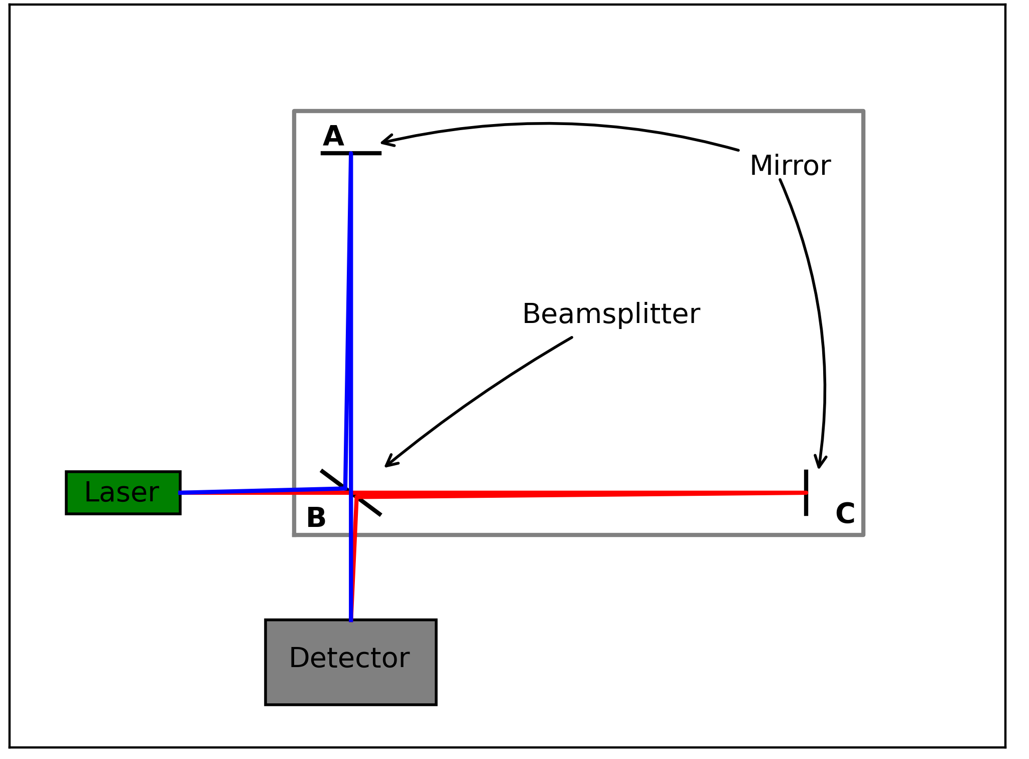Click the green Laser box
click(x=123, y=492)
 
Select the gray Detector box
click(x=350, y=662)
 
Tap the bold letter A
click(x=333, y=136)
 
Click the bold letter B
click(x=316, y=518)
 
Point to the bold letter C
click(x=845, y=514)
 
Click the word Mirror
click(x=790, y=166)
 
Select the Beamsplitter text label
click(x=611, y=314)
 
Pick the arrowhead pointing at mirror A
click(x=385, y=142)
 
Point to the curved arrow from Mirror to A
click(x=552, y=123)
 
